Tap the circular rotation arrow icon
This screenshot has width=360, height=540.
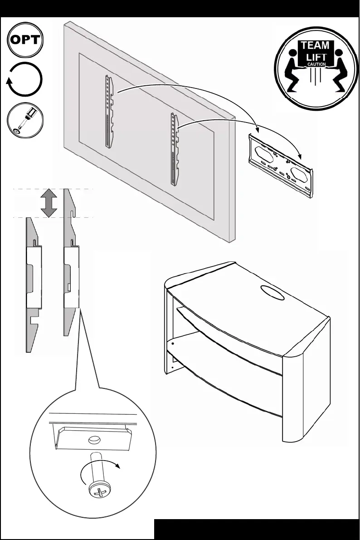(x=25, y=80)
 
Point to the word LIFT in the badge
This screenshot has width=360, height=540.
(x=316, y=57)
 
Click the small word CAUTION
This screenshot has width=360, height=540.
(x=316, y=64)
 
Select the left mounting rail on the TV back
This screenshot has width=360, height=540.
(x=108, y=111)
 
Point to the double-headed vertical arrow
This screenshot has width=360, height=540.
(x=49, y=203)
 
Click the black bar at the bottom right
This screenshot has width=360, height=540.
(x=257, y=529)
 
